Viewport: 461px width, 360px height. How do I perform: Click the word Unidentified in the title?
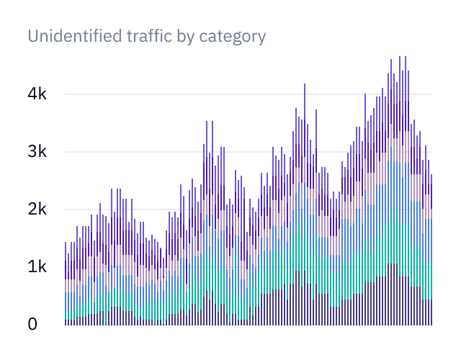[71, 35]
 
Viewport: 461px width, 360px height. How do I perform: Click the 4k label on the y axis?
[35, 94]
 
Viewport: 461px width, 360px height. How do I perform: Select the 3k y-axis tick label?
[35, 152]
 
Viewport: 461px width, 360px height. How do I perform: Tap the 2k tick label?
[35, 210]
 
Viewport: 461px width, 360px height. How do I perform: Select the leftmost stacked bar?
[66, 288]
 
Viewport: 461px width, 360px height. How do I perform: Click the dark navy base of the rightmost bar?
[431, 312]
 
